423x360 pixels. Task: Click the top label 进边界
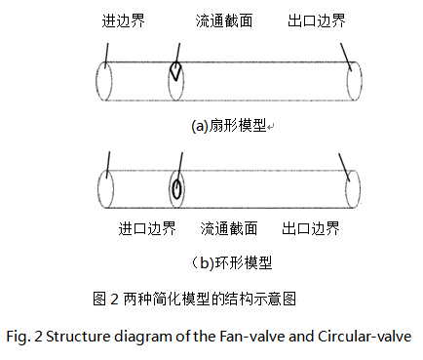124,20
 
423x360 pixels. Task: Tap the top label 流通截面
223,20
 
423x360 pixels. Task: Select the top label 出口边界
318,20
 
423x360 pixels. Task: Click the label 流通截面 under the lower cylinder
229,229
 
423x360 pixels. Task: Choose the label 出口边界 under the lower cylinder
311,229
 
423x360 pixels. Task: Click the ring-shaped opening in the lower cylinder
176,188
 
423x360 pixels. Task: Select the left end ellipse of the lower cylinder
107,188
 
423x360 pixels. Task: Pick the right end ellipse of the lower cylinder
353,187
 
